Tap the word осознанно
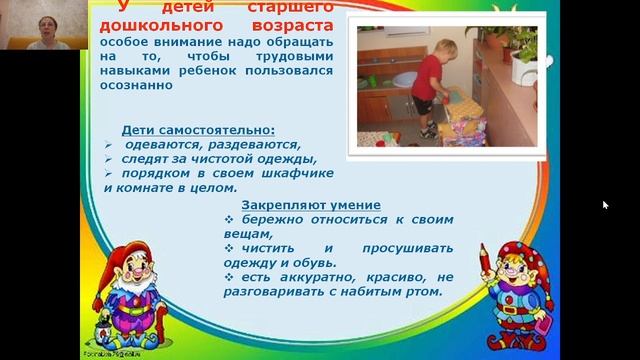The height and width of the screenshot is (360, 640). (138, 86)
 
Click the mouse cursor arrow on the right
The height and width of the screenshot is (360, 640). (605, 205)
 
